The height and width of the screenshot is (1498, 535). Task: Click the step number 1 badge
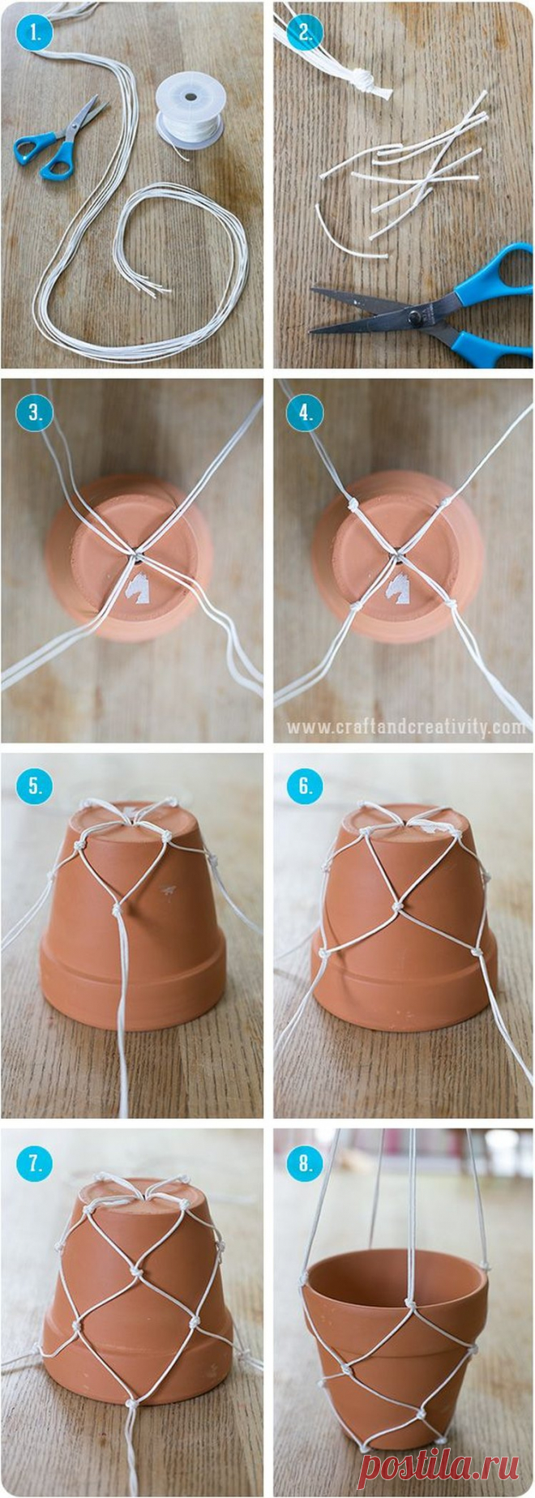[x=35, y=35]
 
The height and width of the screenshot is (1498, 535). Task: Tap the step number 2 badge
[x=306, y=33]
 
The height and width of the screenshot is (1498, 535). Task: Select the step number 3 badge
[x=35, y=411]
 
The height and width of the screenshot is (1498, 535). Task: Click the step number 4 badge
[x=306, y=411]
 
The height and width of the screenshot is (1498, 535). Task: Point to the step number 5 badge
[x=35, y=785]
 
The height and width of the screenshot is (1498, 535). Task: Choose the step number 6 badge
[x=306, y=785]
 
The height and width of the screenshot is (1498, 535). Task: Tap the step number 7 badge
[x=35, y=1163]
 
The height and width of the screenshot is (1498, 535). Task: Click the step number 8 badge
[x=306, y=1163]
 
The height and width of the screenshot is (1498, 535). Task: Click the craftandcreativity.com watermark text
[x=406, y=728]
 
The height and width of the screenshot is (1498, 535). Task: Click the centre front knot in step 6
[x=396, y=904]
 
